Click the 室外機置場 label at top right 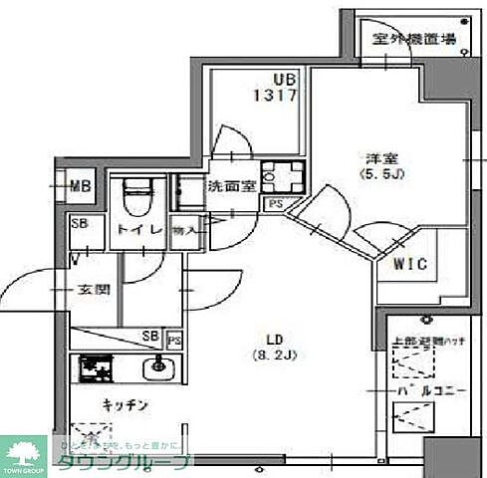[x=415, y=40]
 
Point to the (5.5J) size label [x=379, y=176]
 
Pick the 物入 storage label [x=184, y=229]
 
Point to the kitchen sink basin [x=157, y=371]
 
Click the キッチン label [x=124, y=405]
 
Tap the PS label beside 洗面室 [x=274, y=203]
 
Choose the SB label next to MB [x=80, y=223]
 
